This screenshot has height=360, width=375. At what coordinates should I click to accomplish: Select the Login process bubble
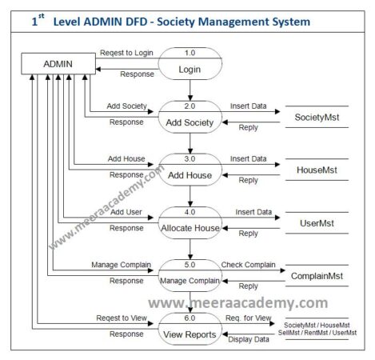pos(190,63)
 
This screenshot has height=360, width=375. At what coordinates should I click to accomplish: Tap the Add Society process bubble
pos(190,117)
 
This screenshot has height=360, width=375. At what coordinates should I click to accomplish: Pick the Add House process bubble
pos(190,170)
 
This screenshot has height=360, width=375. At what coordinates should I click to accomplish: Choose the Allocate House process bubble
pos(190,223)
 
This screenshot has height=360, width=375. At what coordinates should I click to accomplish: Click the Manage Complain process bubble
pos(190,275)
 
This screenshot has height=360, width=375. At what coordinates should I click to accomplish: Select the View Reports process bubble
pos(190,329)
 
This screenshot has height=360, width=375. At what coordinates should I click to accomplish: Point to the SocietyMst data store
pos(316,118)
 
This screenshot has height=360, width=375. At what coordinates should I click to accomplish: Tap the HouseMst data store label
pos(316,169)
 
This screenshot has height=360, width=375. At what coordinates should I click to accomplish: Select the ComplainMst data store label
pos(316,275)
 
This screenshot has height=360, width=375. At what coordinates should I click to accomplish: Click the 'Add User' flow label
pos(127,212)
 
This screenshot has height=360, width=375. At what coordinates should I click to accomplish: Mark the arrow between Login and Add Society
pos(190,90)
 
